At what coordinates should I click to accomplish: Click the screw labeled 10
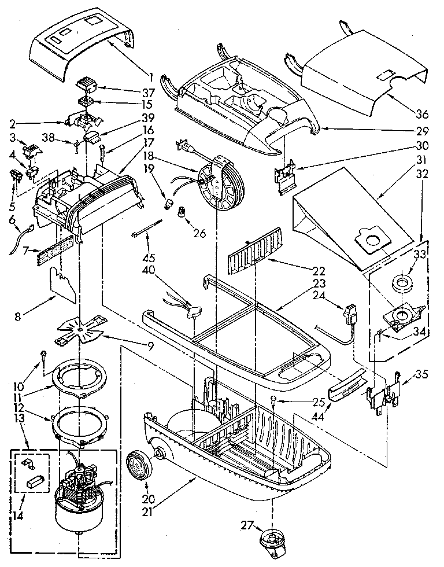click(x=43, y=354)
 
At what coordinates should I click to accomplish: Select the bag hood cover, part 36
click(x=364, y=75)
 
